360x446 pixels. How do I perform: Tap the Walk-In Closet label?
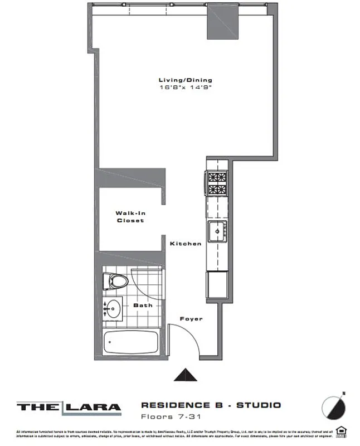(x=130, y=216)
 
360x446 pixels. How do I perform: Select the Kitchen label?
(x=185, y=244)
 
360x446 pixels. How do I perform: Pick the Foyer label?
(x=191, y=319)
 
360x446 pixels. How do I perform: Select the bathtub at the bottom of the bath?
(x=132, y=342)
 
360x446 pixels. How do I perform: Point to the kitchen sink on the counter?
(x=216, y=229)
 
